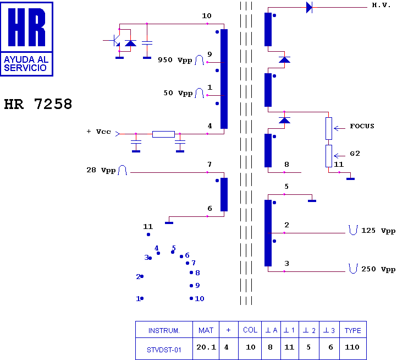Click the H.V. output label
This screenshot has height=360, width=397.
(x=381, y=5)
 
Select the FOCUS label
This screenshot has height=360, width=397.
(x=362, y=126)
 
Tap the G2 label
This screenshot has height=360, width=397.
(x=355, y=154)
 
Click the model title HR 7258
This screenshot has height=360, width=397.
(x=38, y=104)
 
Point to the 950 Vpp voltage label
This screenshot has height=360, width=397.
(x=175, y=60)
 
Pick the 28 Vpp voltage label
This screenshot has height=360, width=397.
(x=101, y=170)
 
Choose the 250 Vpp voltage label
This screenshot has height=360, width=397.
(x=378, y=269)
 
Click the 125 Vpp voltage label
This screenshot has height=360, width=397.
(x=378, y=231)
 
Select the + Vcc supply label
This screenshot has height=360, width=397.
(x=99, y=132)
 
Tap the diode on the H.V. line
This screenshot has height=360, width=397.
(x=309, y=7)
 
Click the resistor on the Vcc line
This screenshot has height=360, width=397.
(x=163, y=134)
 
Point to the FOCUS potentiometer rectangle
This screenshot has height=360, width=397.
(x=329, y=129)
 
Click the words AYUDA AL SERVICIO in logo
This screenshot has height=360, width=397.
(x=26, y=64)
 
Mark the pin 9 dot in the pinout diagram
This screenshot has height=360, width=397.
(x=191, y=286)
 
